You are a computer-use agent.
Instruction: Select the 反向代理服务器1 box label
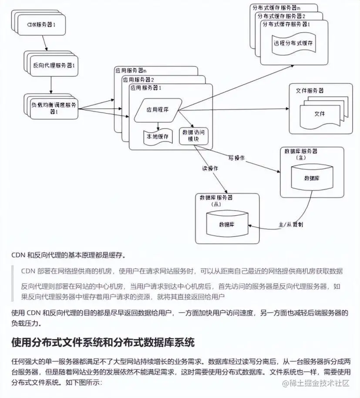point(54,66)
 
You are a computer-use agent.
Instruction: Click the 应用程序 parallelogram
point(157,110)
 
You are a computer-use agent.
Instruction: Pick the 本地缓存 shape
point(157,136)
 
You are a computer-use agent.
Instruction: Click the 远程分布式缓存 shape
point(293,43)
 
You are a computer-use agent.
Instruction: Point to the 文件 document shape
point(320,114)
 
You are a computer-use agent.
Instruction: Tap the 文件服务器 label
point(310,91)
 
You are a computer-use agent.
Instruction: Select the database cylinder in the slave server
point(227,224)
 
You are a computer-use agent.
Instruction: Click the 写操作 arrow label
point(236,157)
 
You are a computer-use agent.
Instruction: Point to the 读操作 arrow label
point(210,168)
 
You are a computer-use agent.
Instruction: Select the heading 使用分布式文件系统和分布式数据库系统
point(103,342)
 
